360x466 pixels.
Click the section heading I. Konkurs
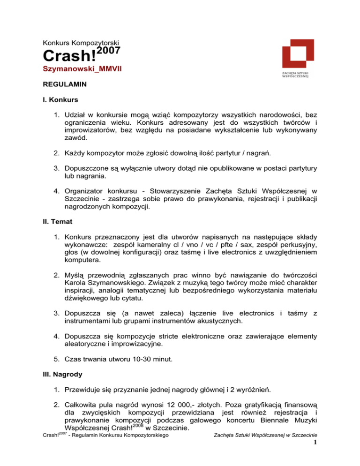click(60, 101)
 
